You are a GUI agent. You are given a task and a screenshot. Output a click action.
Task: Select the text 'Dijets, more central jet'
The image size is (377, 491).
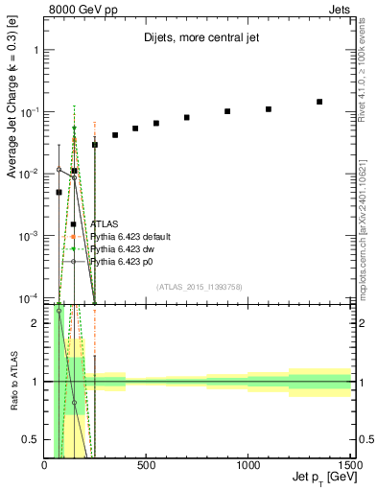(197, 39)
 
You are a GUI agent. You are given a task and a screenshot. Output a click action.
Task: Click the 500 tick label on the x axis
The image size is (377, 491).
(146, 467)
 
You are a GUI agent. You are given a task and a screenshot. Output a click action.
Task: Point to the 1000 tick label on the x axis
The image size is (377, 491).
(247, 467)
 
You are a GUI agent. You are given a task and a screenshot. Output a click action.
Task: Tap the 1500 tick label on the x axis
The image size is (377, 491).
(349, 467)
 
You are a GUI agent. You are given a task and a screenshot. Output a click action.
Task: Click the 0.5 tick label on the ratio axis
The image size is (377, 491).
(32, 439)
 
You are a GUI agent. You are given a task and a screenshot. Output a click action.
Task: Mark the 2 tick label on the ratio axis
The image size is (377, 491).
(35, 323)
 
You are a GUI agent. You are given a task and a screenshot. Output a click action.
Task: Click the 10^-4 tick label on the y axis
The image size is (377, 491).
(28, 297)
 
